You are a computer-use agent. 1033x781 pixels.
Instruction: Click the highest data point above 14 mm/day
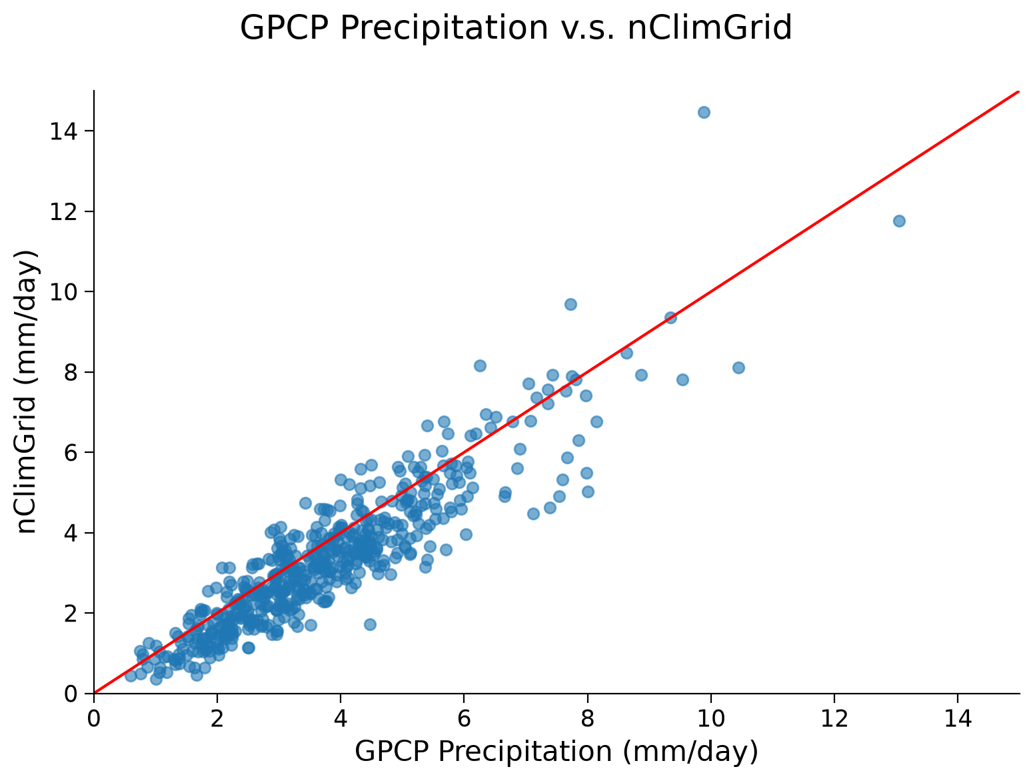pos(704,113)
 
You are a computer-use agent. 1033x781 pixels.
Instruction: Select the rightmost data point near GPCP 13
pos(899,221)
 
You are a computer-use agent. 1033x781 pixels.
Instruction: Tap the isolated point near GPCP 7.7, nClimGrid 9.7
pos(570,305)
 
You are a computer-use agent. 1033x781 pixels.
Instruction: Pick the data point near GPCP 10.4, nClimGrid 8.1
pos(738,367)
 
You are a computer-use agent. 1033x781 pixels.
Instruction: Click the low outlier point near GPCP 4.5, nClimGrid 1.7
pos(370,625)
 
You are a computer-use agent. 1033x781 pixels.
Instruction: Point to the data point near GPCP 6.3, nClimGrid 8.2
pos(480,365)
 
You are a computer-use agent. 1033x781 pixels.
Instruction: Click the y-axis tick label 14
pos(63,131)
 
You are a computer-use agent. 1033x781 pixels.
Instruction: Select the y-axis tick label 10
pos(63,292)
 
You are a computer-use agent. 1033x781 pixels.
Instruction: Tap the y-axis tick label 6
pos(70,452)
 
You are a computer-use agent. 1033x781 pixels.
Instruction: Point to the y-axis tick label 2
pos(70,614)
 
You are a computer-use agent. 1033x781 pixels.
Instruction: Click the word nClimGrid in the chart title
pos(710,27)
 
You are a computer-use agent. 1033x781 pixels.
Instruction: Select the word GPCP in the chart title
pos(284,27)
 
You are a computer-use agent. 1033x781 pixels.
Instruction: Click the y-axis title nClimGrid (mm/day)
pos(26,392)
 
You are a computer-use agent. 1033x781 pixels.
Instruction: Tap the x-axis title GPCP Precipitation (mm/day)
pos(556,752)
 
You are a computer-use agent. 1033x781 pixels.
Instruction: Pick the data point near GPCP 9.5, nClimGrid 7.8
pos(682,380)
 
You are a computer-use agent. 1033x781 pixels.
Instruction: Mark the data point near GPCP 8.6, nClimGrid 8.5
pos(626,353)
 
